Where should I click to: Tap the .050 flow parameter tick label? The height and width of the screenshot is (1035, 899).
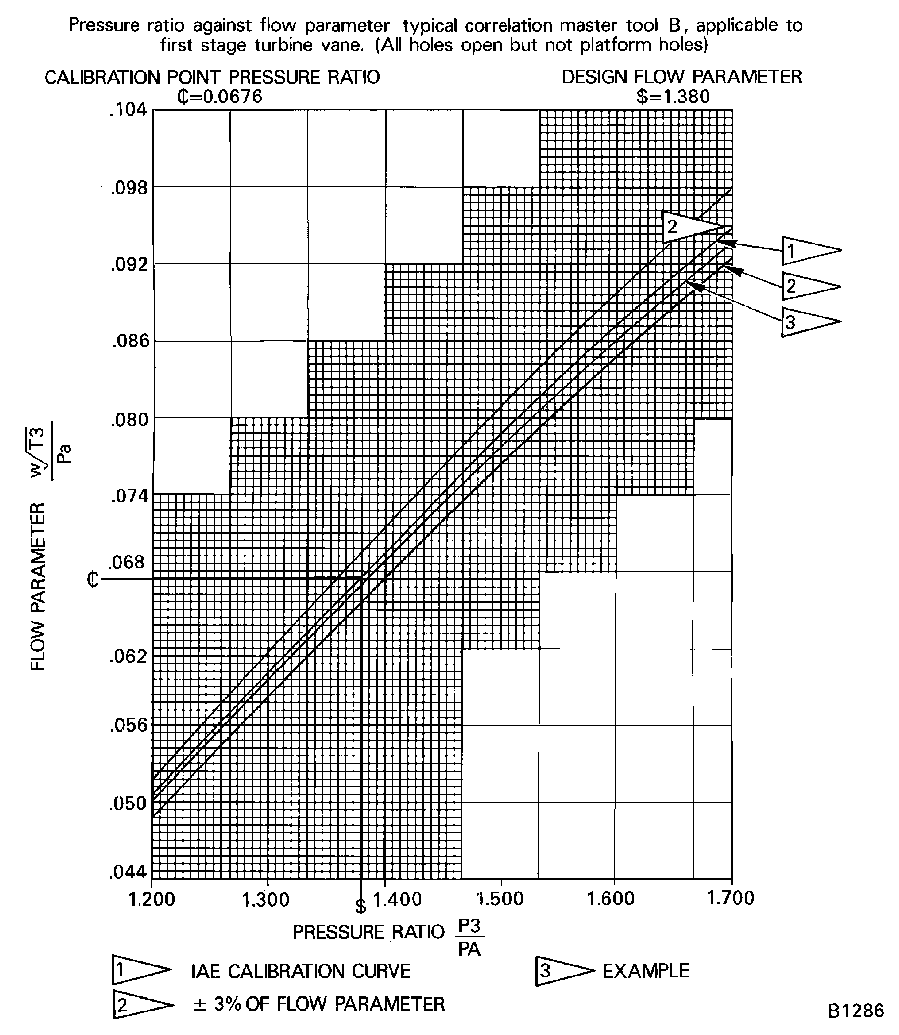click(x=128, y=803)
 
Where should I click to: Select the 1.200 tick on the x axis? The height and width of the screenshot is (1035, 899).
click(x=152, y=899)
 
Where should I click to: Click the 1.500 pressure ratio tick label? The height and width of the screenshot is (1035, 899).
click(x=500, y=899)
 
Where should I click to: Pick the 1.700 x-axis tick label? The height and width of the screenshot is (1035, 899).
click(x=731, y=898)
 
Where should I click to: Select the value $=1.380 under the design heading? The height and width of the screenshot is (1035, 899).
click(x=673, y=96)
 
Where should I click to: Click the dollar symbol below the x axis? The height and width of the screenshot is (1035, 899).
click(x=360, y=907)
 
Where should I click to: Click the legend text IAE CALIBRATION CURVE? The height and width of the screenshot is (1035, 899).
click(x=300, y=971)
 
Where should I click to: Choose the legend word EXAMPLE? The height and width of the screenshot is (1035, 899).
click(x=646, y=971)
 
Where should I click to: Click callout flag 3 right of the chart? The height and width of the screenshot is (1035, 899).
click(x=810, y=321)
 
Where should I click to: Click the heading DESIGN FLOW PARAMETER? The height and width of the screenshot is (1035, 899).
click(x=682, y=77)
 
